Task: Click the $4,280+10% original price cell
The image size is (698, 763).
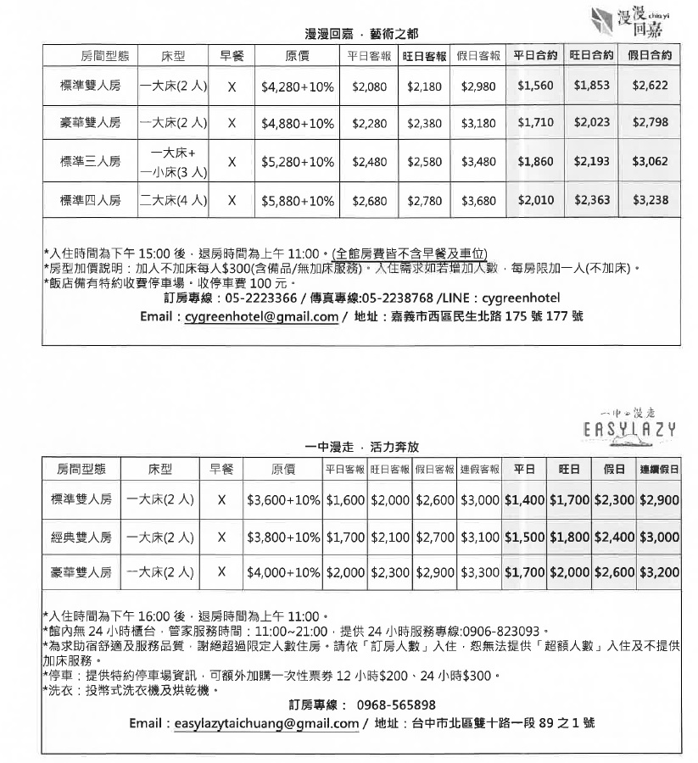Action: [x=297, y=86]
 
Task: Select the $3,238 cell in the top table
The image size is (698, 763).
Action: [x=651, y=201]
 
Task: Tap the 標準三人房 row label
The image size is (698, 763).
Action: [x=90, y=161]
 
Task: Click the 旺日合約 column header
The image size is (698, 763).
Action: [x=591, y=56]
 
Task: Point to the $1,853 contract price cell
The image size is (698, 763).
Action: [x=591, y=86]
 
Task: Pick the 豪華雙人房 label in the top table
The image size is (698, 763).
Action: [x=90, y=123]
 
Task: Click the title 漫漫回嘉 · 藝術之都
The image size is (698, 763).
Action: [x=361, y=34]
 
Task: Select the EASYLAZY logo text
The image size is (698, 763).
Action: [x=629, y=429]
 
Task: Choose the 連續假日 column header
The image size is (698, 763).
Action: [x=659, y=469]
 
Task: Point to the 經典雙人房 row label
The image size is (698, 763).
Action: [x=81, y=537]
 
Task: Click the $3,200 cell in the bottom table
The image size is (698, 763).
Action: [x=659, y=573]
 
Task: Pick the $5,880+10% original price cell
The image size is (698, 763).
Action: [x=297, y=201]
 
